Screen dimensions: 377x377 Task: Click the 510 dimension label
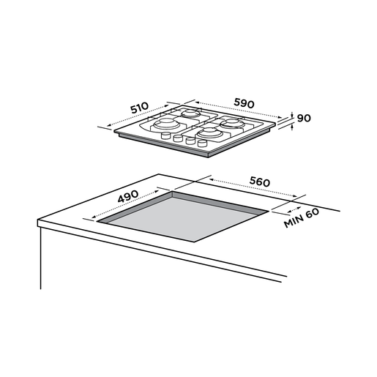point(139,108)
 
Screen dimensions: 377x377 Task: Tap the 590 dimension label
point(244,103)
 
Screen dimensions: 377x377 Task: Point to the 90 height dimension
point(304,119)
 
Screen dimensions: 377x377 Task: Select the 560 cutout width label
point(260,182)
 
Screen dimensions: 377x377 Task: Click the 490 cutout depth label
point(128,196)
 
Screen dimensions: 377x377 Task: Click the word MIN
point(294,221)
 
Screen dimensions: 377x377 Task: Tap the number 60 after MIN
point(313,213)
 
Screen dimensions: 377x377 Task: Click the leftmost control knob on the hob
point(165,135)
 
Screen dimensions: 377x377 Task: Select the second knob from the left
point(178,138)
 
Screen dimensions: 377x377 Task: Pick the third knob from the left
point(190,141)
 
